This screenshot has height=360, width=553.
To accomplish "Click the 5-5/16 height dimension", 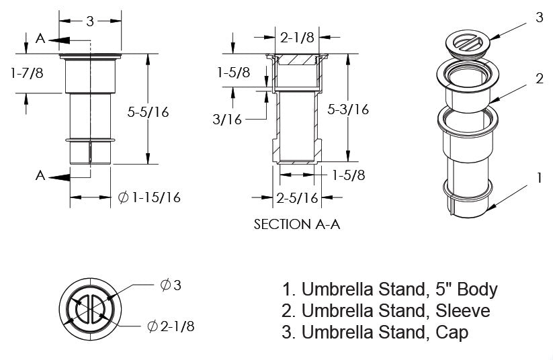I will coord(148,112).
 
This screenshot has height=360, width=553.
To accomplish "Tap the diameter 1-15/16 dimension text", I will coord(149,197).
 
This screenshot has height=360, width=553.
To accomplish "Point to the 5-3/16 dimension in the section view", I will coord(348,109).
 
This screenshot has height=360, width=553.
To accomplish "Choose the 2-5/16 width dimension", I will coord(296,197).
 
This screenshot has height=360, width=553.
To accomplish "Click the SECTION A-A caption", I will coord(296,224).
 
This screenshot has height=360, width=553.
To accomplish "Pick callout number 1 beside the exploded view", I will coord(539,178).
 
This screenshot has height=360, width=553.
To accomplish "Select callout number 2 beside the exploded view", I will coord(539,79).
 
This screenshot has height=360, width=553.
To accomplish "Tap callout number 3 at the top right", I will coord(539,18).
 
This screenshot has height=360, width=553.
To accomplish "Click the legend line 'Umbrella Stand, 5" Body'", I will coord(390,290).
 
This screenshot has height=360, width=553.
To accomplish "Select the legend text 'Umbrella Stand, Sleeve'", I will coord(386,311).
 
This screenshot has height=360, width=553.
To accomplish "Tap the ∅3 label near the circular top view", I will coord(171,285).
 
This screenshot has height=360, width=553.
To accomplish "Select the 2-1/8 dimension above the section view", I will coord(296,38).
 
